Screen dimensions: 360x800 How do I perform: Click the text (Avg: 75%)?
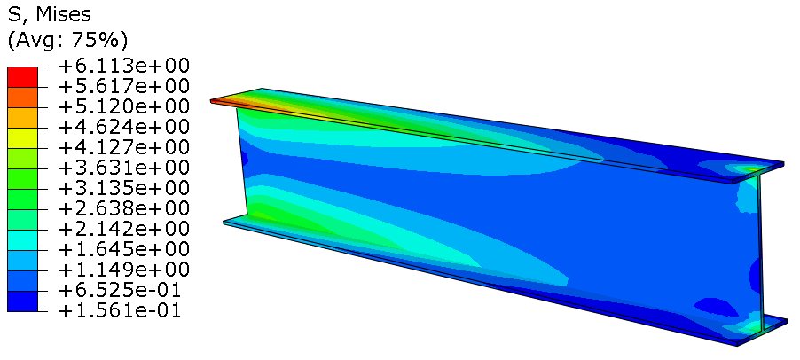67,40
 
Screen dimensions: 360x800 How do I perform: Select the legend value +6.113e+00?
123,66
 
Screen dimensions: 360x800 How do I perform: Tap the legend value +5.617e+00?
123,86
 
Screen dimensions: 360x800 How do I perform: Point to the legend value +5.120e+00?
123,106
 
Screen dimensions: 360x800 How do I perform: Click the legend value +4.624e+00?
123,127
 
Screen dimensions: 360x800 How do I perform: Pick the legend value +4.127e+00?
123,147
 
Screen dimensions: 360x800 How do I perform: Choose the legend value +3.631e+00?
123,168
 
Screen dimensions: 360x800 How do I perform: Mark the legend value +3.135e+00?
123,188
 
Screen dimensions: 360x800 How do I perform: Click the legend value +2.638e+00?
123,208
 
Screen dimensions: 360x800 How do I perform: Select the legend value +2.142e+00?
123,229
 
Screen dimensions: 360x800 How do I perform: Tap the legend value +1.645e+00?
123,249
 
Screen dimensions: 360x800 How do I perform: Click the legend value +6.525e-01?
123,290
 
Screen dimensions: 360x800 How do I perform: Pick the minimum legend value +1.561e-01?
123,310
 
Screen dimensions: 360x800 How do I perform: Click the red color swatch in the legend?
23,76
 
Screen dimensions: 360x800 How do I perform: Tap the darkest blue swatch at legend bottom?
23,301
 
